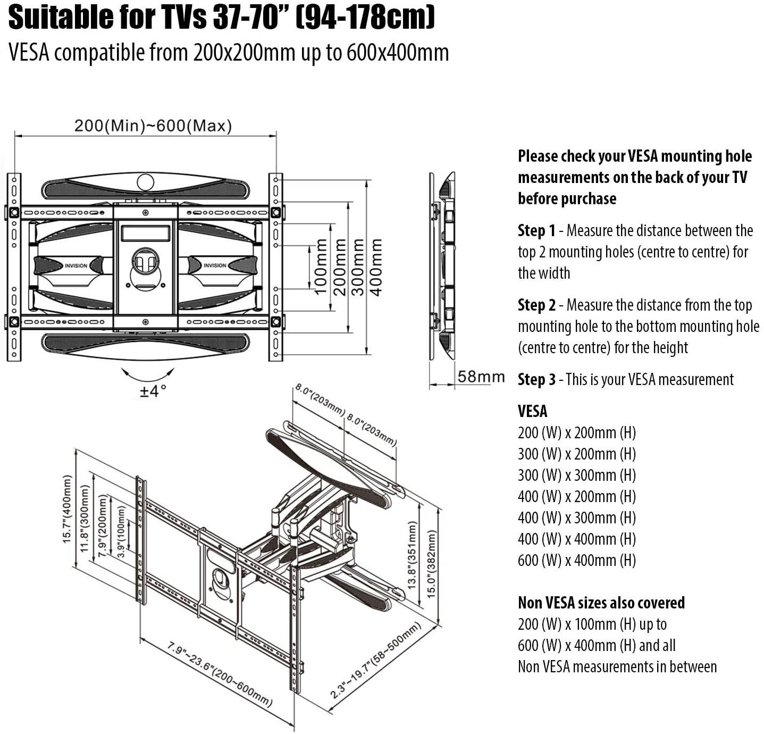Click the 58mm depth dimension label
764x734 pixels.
481,377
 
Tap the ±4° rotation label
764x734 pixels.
154,391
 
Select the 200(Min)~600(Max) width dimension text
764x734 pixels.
153,126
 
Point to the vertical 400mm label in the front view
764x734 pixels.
376,268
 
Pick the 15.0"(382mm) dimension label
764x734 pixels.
431,564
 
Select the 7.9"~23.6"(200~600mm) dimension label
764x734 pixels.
220,673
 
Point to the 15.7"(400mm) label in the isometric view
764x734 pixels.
67,509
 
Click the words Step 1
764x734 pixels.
536,230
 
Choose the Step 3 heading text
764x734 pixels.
536,379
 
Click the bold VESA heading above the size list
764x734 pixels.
532,411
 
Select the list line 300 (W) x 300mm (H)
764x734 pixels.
577,475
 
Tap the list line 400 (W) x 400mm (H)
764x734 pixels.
577,539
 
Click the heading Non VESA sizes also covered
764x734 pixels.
601,603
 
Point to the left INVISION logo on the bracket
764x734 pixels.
76,266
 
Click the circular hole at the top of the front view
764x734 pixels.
145,182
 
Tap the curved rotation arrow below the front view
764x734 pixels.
147,376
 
